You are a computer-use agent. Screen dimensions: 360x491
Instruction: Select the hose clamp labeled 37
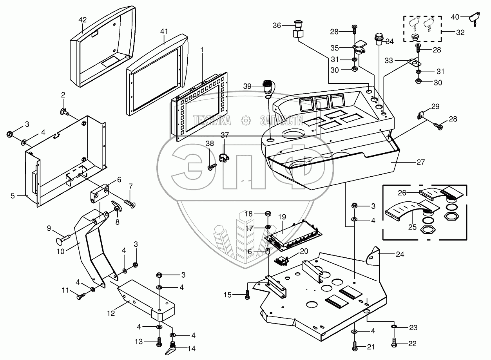coord(224,158)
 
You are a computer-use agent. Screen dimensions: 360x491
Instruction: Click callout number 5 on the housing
coord(13,195)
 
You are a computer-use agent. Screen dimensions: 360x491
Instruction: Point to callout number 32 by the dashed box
coord(460,32)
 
